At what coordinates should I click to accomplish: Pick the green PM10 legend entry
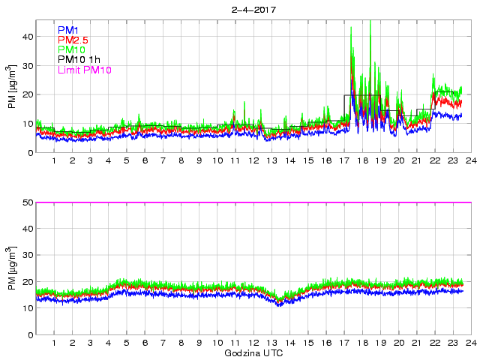(71, 49)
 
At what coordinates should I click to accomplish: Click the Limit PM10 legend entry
(84, 70)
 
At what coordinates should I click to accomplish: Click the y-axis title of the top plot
(13, 87)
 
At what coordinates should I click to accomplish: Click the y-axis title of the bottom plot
(13, 268)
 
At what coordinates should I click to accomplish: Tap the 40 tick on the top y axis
(28, 36)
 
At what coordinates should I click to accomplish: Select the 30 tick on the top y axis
(28, 65)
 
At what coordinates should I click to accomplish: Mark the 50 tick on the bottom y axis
(28, 202)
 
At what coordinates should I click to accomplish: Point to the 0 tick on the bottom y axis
(31, 334)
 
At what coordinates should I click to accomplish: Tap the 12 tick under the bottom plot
(253, 343)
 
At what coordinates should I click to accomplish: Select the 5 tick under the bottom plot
(127, 343)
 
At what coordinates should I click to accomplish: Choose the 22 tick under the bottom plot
(435, 343)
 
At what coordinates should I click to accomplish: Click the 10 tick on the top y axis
(28, 124)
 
